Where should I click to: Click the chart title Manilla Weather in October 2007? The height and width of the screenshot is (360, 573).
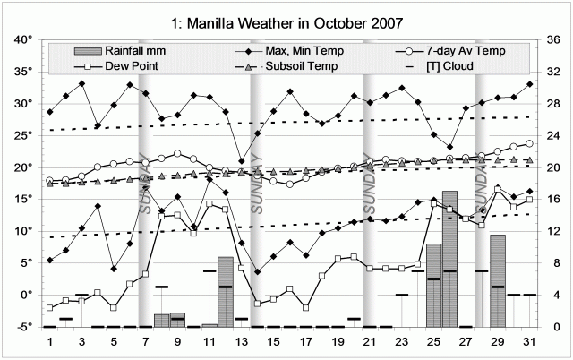286,20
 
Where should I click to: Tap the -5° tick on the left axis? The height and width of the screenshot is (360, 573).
21,327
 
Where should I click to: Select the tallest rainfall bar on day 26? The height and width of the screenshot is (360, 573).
449,260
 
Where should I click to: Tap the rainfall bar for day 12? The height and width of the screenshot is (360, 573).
226,292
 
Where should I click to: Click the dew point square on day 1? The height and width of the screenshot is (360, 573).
50,308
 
